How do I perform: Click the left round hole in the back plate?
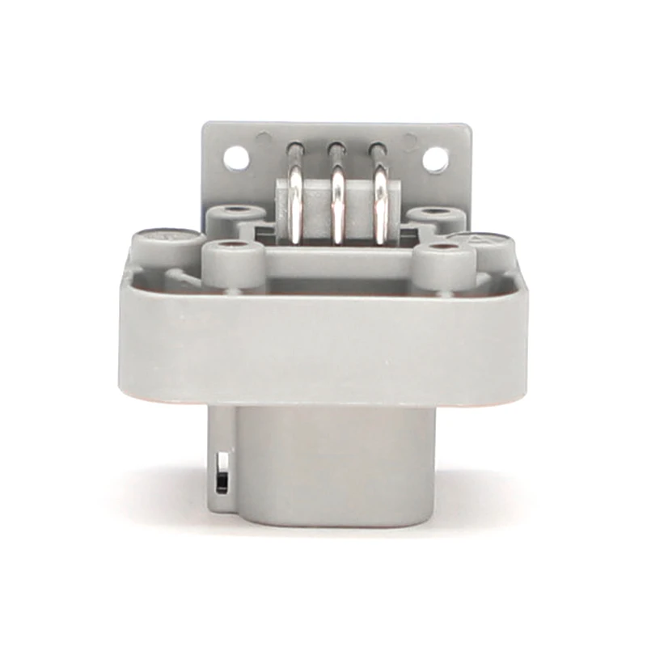235,156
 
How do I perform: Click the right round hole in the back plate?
434,159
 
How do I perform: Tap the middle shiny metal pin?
336,209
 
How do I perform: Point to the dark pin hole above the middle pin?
335,149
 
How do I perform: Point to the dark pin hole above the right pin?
375,149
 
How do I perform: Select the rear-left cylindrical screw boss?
235,217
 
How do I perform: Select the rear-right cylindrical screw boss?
437,217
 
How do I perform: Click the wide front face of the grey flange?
323,344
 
